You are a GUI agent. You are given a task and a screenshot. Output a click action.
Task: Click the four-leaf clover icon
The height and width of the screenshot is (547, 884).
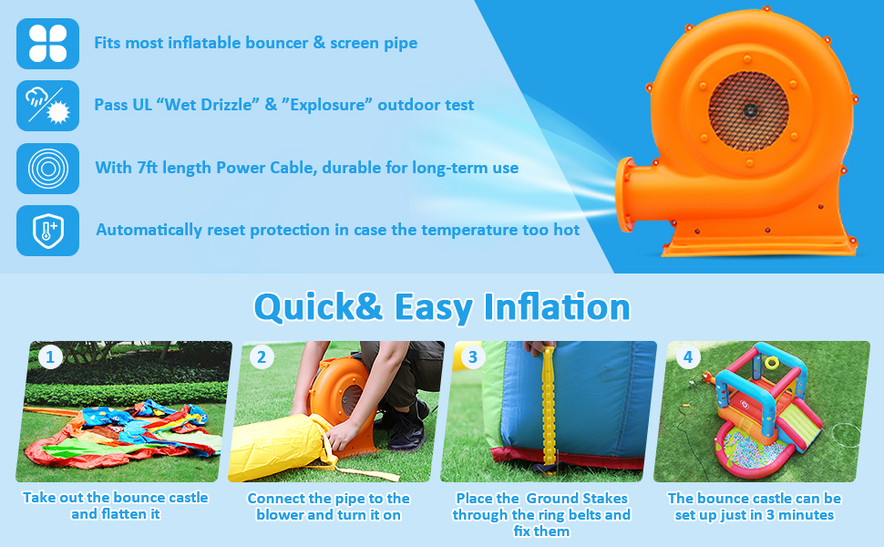(48, 44)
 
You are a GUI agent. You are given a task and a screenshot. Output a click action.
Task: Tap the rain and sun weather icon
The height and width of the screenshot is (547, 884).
(48, 106)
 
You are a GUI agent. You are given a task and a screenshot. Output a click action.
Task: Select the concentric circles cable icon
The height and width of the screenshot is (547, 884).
(48, 168)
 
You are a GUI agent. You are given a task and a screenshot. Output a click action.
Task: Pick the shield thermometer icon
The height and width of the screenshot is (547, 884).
(48, 231)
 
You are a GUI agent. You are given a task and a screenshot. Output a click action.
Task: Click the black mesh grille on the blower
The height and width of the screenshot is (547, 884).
(748, 111)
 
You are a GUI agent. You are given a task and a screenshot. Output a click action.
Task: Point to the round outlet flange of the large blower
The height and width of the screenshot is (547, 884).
(624, 194)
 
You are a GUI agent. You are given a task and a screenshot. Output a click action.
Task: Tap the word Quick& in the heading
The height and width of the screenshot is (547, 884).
(318, 307)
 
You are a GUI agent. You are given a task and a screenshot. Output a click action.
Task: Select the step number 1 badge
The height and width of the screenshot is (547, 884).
(50, 357)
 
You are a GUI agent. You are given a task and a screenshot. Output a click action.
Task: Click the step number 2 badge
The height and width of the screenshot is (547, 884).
(262, 357)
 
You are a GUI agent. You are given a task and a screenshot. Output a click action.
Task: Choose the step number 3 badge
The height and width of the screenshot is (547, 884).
(473, 357)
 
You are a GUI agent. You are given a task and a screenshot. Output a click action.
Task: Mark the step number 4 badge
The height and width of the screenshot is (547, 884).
(688, 357)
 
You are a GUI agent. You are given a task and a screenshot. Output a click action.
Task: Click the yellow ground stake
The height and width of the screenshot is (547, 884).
(548, 408)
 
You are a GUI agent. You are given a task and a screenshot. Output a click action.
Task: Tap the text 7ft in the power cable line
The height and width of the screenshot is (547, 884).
(147, 168)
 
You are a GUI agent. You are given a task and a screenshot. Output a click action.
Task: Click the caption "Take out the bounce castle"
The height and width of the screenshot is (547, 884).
(116, 498)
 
